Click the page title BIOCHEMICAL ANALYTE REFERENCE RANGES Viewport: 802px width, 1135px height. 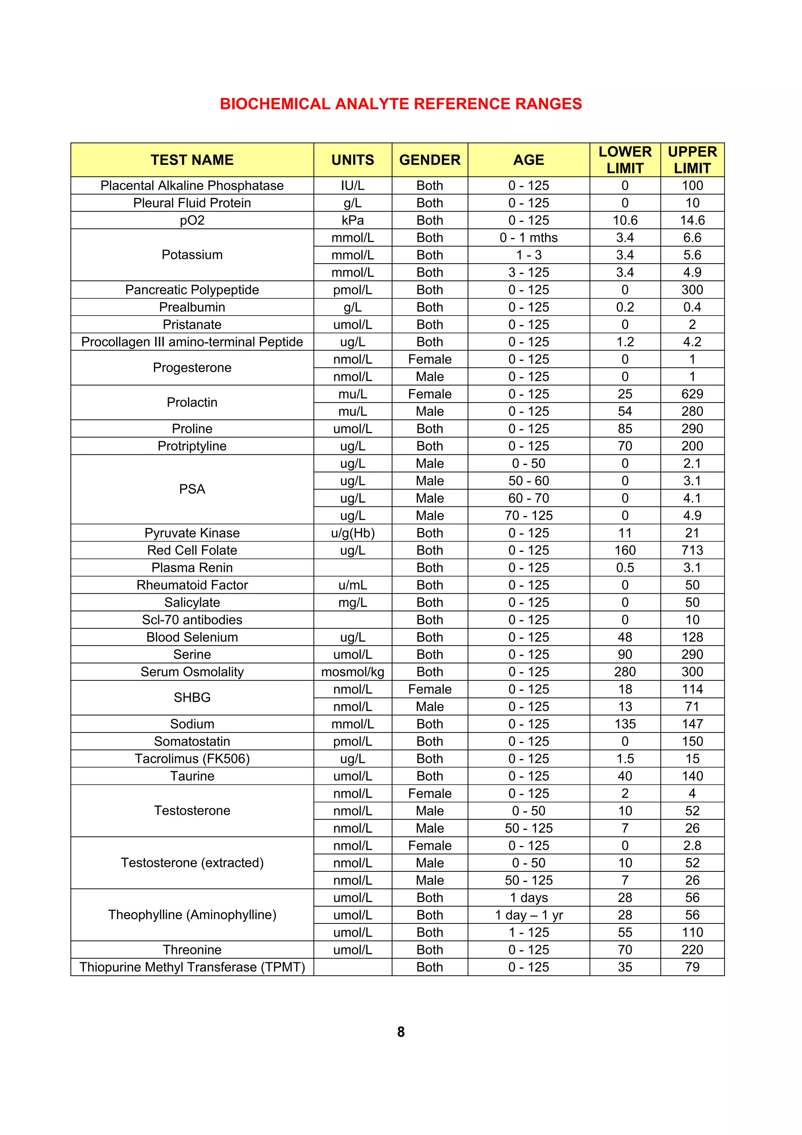click(401, 104)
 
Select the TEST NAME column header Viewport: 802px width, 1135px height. click(192, 160)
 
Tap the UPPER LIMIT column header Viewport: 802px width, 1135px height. click(692, 160)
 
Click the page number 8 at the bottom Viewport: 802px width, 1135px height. click(401, 1032)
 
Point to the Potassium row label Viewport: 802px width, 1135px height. click(192, 255)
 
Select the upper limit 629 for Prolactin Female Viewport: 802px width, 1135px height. click(692, 394)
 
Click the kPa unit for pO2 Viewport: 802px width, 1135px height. click(352, 220)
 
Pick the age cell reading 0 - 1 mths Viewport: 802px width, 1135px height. click(528, 238)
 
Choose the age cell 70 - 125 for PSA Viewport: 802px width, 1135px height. click(528, 515)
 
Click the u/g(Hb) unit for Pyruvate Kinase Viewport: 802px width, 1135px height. click(352, 533)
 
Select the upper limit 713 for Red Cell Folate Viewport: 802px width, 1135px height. click(692, 550)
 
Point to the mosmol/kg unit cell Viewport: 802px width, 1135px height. click(352, 672)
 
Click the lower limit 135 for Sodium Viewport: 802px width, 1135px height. click(625, 724)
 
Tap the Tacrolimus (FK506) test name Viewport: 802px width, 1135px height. click(192, 758)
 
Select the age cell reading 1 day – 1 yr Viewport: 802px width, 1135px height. click(528, 915)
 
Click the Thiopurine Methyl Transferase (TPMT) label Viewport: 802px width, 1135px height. click(192, 967)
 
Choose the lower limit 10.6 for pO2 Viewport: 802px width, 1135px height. click(625, 220)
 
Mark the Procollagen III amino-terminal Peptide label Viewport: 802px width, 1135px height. click(192, 342)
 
